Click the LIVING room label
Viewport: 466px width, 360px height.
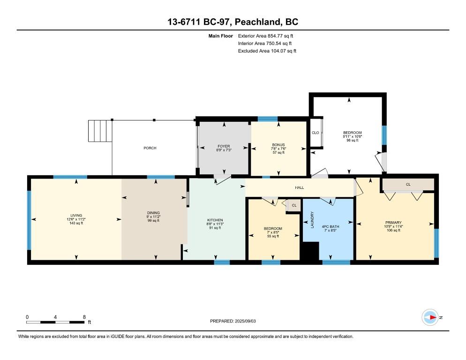click(75, 216)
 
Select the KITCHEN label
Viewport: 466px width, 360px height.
click(215, 220)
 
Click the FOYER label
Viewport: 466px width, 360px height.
click(224, 146)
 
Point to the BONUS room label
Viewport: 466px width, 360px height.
click(278, 145)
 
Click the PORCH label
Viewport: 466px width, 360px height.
click(150, 148)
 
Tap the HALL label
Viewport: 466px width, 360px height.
click(299, 187)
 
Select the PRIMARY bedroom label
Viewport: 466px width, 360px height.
click(393, 223)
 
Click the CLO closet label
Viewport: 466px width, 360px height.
click(316, 133)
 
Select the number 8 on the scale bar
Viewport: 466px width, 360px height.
click(84, 317)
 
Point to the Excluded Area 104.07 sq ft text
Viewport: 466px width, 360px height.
click(267, 51)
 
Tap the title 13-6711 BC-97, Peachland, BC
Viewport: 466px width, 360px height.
click(233, 22)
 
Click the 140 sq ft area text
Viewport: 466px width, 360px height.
click(75, 223)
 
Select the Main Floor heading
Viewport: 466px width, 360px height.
click(220, 36)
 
